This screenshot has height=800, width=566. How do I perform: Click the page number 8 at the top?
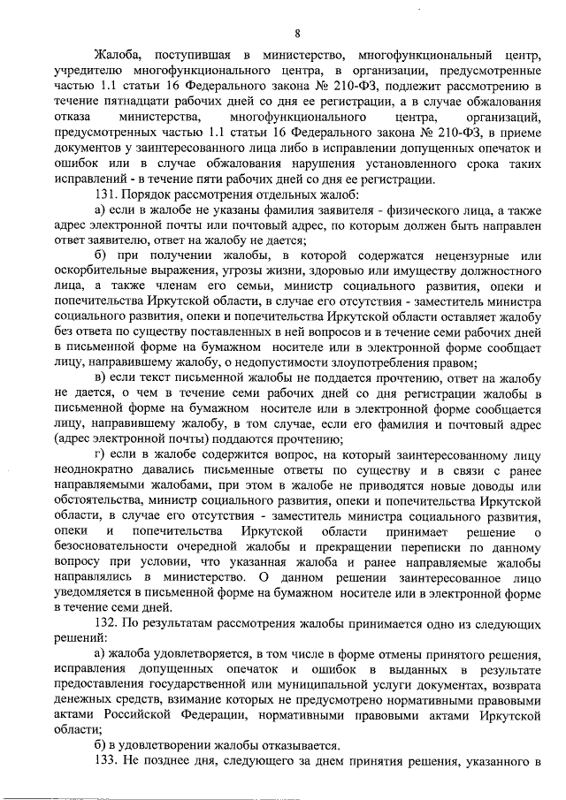297,34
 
